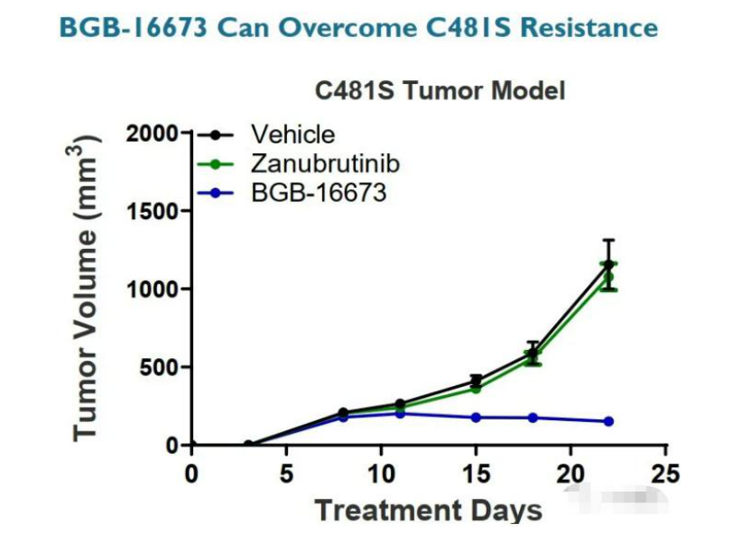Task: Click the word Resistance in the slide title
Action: click(579, 27)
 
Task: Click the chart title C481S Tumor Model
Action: click(440, 91)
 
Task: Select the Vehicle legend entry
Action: click(292, 134)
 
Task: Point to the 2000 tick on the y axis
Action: click(153, 133)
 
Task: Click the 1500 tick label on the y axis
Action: click(153, 211)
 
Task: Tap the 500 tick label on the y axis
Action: click(160, 368)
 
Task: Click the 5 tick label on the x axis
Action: click(286, 474)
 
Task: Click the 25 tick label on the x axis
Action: click(665, 474)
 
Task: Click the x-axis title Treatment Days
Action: click(428, 510)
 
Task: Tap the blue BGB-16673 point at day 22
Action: click(608, 421)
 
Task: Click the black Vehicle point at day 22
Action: click(608, 265)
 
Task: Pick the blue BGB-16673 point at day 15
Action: click(476, 418)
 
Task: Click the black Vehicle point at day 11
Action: click(400, 404)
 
